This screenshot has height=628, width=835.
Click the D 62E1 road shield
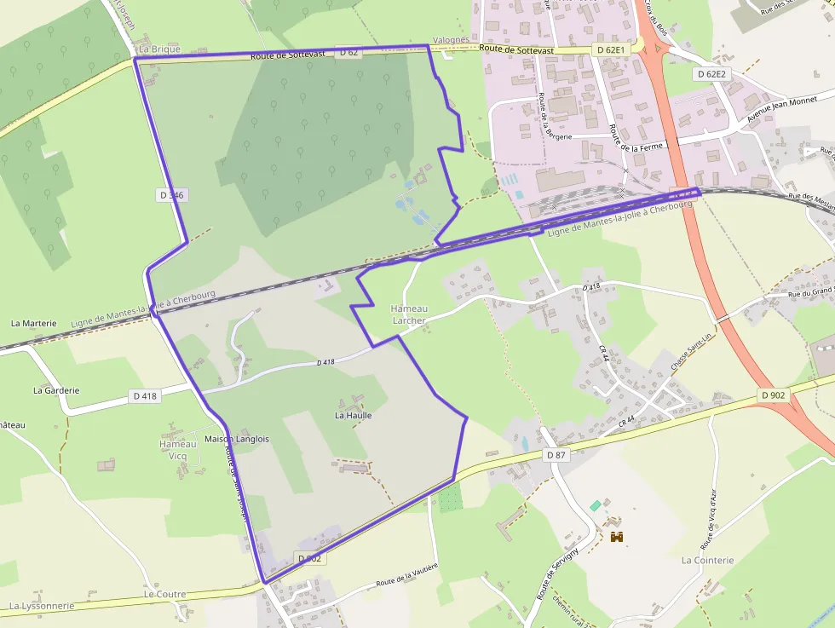click(611, 50)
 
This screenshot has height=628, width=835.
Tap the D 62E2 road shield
click(711, 74)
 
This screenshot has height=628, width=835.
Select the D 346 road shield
click(171, 195)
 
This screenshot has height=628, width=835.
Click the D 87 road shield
click(556, 455)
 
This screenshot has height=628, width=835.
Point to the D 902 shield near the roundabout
click(773, 395)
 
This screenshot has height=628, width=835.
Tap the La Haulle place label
click(353, 416)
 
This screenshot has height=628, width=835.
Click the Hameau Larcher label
click(408, 314)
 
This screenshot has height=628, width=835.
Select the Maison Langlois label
click(237, 439)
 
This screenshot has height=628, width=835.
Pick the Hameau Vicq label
click(179, 450)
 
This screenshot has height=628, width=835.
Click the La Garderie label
click(56, 390)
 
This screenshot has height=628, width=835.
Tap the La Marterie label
click(33, 324)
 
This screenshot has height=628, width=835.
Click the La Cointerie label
click(707, 560)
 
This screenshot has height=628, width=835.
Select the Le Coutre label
click(164, 594)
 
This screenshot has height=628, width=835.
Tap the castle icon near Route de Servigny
click(617, 537)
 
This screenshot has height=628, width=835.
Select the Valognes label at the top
click(451, 39)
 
